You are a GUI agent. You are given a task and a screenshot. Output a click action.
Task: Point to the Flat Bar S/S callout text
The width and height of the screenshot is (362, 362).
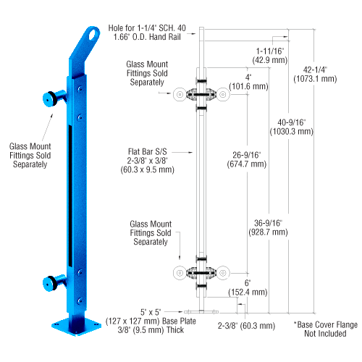(x=148, y=161)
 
